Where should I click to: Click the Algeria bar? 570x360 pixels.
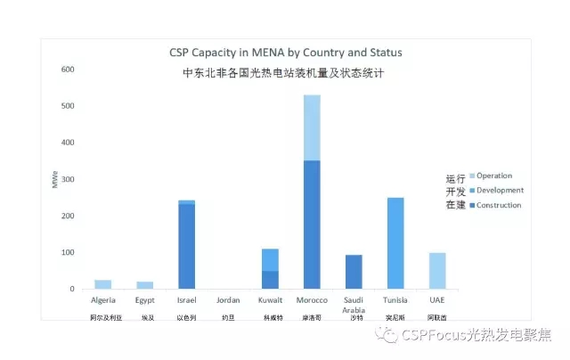[x=103, y=284]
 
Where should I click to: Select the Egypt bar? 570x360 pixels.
[x=145, y=285]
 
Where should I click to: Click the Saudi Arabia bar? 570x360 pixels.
[x=354, y=272]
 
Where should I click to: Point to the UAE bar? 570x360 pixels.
[x=436, y=271]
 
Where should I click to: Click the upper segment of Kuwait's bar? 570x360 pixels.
[x=270, y=259]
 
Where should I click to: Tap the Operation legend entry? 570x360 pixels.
[x=493, y=176]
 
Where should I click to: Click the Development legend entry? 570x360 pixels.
[x=499, y=190]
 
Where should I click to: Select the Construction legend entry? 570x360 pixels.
[x=498, y=205]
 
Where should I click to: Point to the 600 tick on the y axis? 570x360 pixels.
[x=68, y=70]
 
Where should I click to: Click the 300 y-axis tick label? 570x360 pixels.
[x=68, y=179]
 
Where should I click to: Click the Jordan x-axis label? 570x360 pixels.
[x=228, y=301]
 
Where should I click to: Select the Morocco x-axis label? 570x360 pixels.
[x=312, y=301]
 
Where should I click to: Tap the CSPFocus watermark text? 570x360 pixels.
[x=476, y=335]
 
